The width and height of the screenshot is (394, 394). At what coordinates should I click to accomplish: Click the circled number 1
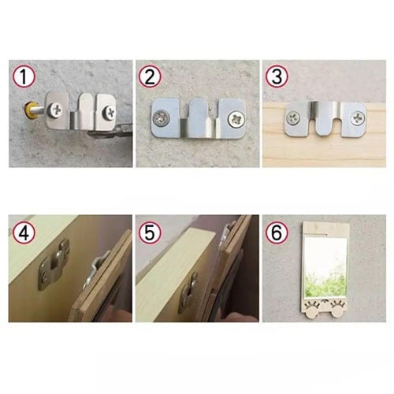(24, 76)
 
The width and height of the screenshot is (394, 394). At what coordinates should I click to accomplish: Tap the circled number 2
(150, 76)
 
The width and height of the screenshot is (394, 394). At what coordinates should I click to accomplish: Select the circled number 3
(277, 76)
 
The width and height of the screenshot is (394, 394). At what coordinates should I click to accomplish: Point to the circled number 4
(24, 232)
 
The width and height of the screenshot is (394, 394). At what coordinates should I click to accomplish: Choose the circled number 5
(150, 232)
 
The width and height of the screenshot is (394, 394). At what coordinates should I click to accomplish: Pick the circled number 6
(277, 232)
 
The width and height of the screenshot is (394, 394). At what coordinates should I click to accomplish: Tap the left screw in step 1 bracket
(56, 110)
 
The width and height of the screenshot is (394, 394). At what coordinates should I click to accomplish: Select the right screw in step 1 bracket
(109, 112)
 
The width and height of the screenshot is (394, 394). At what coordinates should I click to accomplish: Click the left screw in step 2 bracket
(161, 118)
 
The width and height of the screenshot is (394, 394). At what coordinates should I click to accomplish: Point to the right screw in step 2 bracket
(236, 119)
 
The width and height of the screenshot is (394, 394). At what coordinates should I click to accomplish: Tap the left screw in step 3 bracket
(293, 117)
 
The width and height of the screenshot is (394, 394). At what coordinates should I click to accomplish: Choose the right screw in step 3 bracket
(359, 117)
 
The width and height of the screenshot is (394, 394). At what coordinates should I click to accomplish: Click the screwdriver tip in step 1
(110, 133)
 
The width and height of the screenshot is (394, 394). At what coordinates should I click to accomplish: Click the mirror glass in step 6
(326, 267)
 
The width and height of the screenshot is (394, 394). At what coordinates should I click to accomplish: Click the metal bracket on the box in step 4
(54, 266)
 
